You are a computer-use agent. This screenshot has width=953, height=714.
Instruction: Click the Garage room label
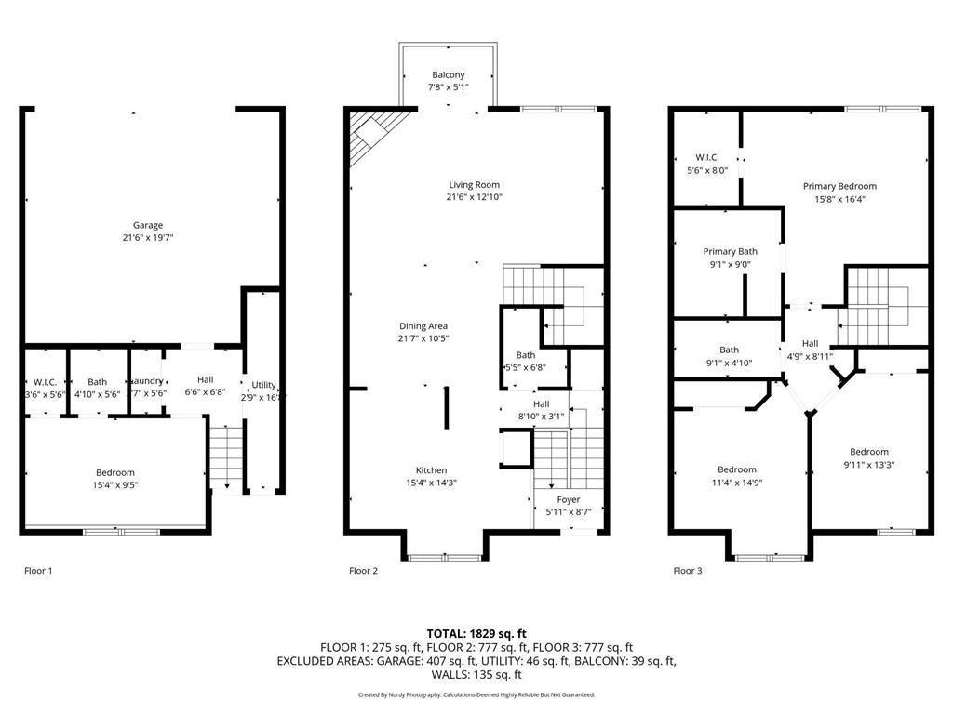pyautogui.click(x=147, y=225)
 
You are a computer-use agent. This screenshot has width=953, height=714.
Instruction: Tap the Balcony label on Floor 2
pyautogui.click(x=448, y=74)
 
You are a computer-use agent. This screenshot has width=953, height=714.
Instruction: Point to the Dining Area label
pyautogui.click(x=423, y=326)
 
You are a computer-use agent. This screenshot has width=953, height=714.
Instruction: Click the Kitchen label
pyautogui.click(x=431, y=470)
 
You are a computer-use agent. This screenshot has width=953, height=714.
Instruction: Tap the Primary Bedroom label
pyautogui.click(x=839, y=186)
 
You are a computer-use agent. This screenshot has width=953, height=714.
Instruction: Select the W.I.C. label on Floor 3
pyautogui.click(x=707, y=157)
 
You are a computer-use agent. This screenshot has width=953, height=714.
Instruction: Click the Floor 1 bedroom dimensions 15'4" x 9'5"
pyautogui.click(x=115, y=485)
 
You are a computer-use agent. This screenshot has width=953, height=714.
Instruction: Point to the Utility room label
pyautogui.click(x=263, y=385)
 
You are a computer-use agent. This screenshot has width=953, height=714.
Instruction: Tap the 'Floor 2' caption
pyautogui.click(x=363, y=571)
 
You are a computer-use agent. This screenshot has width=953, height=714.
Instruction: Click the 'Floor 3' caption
pyautogui.click(x=688, y=571)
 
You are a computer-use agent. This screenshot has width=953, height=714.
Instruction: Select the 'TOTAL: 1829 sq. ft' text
pyautogui.click(x=476, y=632)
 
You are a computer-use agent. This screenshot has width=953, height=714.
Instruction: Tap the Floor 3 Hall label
pyautogui.click(x=810, y=343)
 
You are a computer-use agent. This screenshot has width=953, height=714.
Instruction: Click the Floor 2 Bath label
pyautogui.click(x=526, y=355)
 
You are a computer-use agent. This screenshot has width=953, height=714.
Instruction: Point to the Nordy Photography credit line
pyautogui.click(x=476, y=694)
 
